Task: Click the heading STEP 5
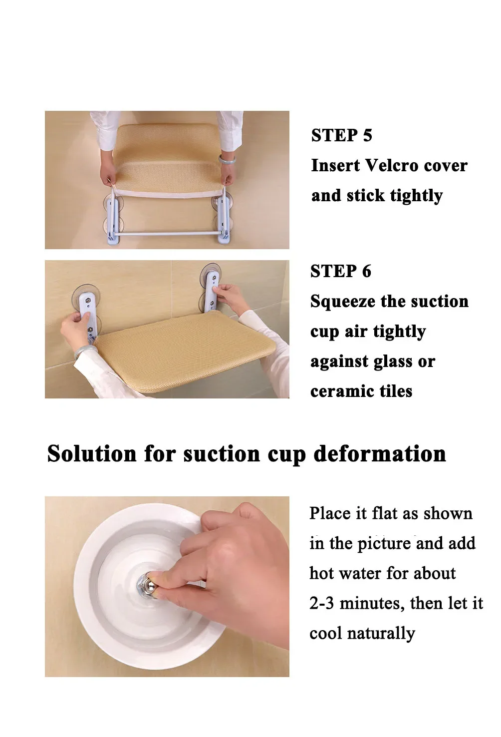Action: click(341, 135)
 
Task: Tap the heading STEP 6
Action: click(341, 271)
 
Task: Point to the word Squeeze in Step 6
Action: click(342, 302)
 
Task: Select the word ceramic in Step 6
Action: click(341, 391)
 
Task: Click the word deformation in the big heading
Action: click(380, 454)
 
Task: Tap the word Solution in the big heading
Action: click(92, 454)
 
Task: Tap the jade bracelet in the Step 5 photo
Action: click(227, 159)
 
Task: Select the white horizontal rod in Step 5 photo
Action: click(166, 233)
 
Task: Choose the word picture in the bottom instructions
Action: click(384, 544)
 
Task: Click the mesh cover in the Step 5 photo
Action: click(168, 158)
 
